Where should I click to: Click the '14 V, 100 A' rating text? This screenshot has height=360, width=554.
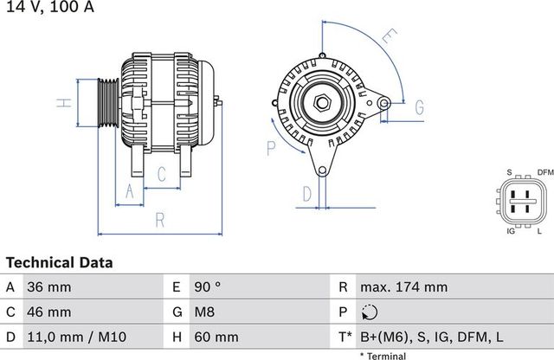tap(48, 8)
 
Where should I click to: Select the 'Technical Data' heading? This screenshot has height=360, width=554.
tap(59, 261)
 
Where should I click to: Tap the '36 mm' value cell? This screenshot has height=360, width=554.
tap(49, 287)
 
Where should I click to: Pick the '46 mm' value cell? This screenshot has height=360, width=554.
tap(49, 312)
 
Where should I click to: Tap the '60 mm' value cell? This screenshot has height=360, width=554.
tap(216, 336)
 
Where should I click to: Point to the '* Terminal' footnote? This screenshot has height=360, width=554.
tap(384, 355)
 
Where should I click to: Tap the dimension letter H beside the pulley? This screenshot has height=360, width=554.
tap(63, 103)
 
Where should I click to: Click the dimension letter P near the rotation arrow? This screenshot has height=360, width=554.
tap(270, 148)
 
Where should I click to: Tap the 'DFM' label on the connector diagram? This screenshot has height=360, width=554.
tap(545, 173)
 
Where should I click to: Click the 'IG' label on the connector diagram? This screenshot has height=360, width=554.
tap(511, 232)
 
